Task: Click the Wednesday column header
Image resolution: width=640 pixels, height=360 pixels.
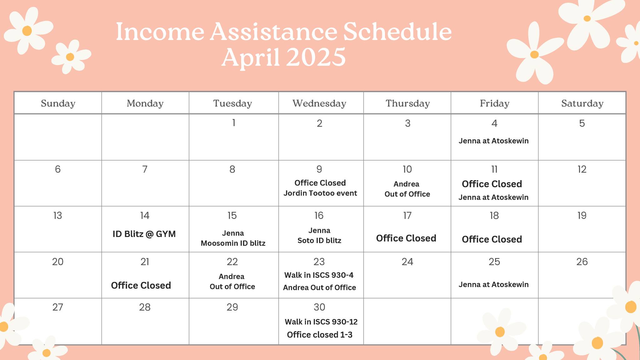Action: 319,103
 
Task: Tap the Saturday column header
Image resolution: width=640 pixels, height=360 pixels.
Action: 582,103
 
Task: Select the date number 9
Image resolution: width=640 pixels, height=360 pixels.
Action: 319,169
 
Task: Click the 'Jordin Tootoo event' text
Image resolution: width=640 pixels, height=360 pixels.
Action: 320,193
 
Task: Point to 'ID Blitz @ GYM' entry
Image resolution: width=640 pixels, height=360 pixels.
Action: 144,234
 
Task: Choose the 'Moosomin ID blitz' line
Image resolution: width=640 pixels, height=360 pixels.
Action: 233,243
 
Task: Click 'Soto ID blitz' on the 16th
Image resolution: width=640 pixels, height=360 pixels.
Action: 319,240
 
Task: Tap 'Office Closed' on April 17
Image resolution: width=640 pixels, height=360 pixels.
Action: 406,238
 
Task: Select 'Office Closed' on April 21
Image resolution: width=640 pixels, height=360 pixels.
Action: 141,285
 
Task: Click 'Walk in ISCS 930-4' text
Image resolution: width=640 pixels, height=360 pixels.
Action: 319,275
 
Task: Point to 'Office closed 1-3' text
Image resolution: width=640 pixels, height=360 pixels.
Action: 319,335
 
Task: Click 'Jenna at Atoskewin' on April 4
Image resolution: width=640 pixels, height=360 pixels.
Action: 493,141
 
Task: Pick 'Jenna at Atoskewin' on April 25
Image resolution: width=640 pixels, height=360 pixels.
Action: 493,284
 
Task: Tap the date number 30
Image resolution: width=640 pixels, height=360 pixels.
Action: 319,307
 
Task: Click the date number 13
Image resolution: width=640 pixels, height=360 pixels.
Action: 57,215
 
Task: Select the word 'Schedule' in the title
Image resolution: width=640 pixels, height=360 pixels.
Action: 397,32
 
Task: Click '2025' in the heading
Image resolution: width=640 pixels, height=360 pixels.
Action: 316,57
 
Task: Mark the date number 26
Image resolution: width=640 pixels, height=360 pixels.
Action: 582,262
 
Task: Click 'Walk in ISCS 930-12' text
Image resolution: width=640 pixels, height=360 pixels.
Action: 321,322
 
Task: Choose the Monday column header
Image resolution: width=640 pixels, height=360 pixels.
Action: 145,103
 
